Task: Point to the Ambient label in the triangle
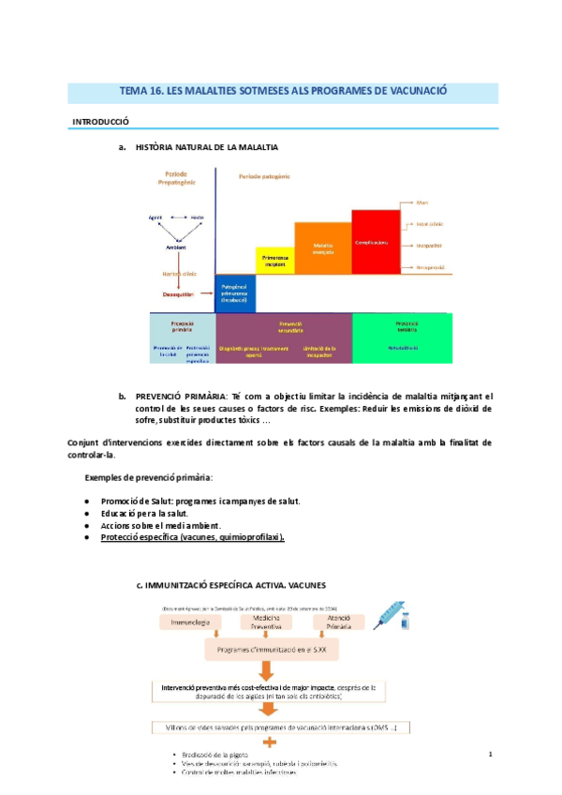coord(175,247)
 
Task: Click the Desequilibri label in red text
coord(177,294)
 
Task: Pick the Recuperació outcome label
coord(429,267)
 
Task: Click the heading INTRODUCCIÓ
coord(101,122)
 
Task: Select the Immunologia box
coord(192,622)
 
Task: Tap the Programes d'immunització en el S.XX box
coord(267,649)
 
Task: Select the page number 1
coord(490,753)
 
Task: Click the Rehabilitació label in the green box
coord(401,348)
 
